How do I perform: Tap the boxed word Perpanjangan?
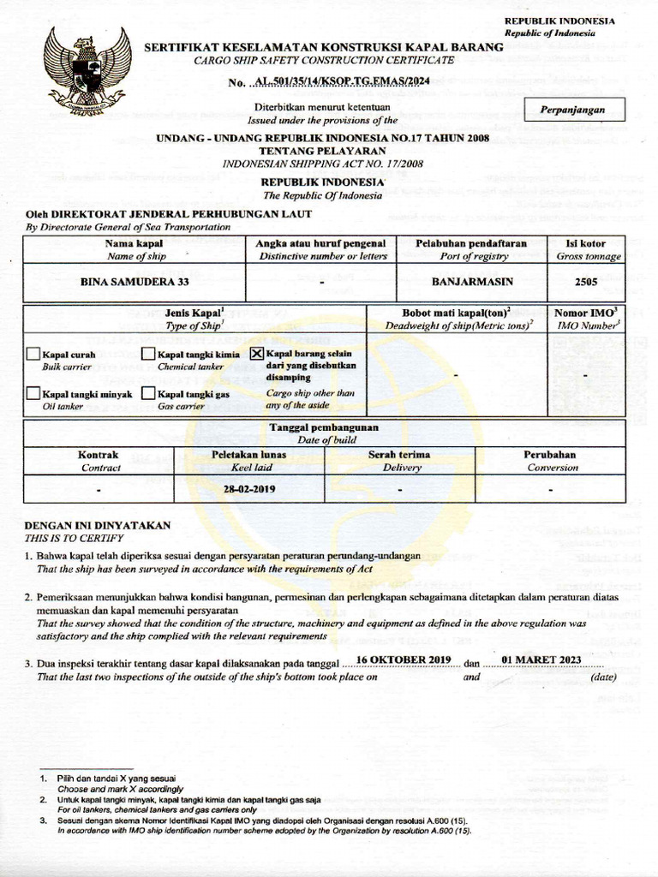(x=572, y=110)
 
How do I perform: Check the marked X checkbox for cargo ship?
(x=257, y=353)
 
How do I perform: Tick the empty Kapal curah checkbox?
(x=33, y=354)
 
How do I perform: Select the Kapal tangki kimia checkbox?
(x=149, y=354)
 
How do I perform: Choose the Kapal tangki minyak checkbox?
(x=33, y=394)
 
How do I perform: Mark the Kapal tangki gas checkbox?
(x=149, y=394)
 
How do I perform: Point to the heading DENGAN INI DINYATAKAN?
(x=97, y=525)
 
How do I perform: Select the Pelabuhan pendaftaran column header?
(x=470, y=243)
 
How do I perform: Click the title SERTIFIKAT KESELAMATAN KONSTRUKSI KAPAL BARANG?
(x=323, y=47)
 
